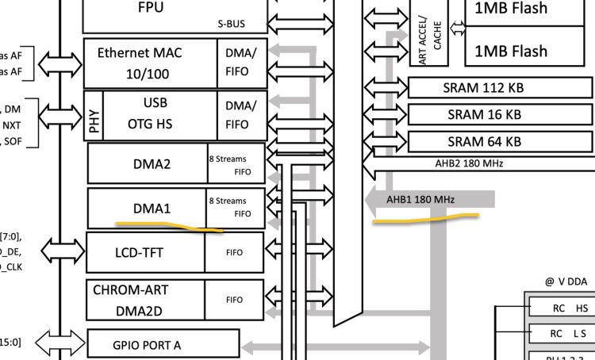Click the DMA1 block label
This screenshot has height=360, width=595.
coord(152,209)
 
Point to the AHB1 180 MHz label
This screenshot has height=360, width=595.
coord(420,200)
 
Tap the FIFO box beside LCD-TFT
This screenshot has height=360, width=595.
coord(234,254)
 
